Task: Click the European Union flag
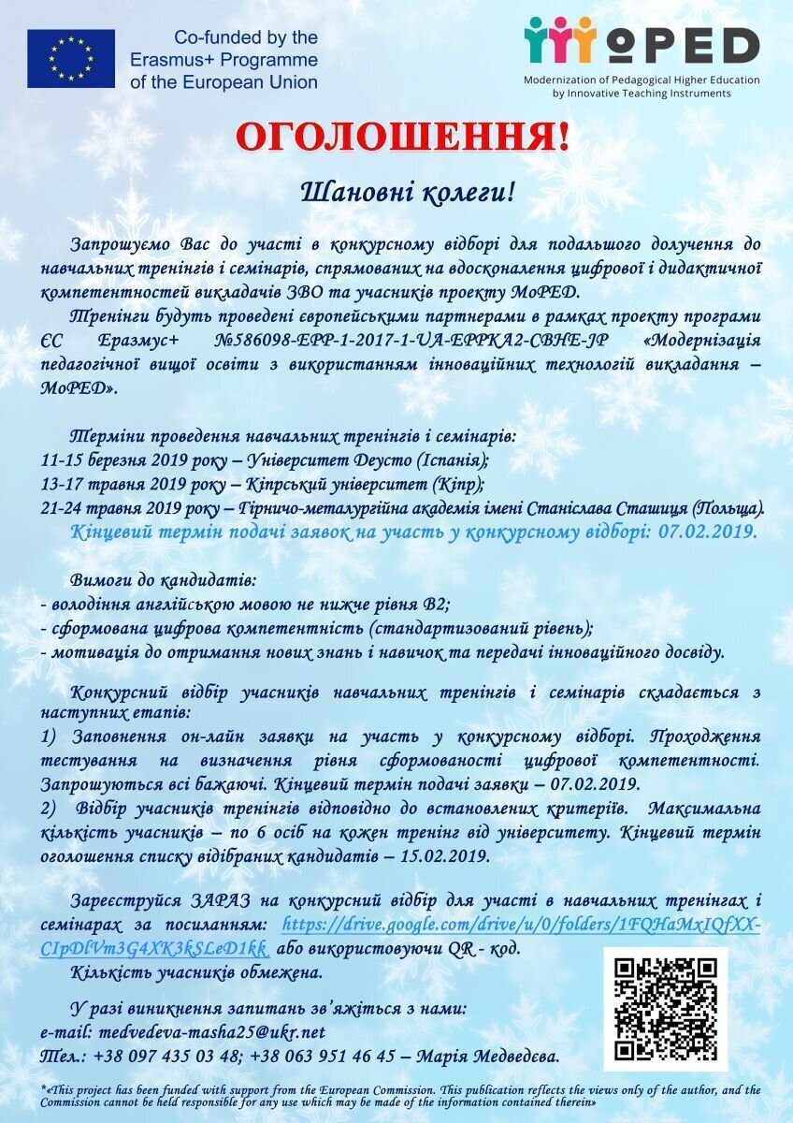[x=71, y=58]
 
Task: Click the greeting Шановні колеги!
[x=407, y=193]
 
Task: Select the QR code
[x=665, y=1008]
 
